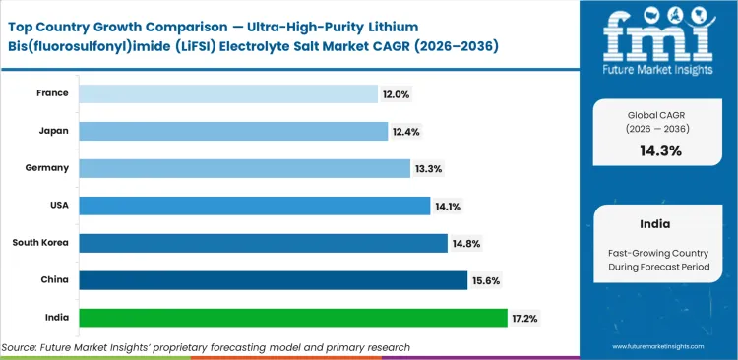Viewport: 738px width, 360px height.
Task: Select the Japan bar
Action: pyautogui.click(x=233, y=131)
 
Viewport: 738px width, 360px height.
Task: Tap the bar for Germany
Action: pyautogui.click(x=244, y=168)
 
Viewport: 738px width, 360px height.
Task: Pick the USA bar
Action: pyautogui.click(x=255, y=206)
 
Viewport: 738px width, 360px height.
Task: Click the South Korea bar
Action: pyautogui.click(x=263, y=243)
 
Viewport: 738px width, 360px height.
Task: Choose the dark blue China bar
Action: pyautogui.click(x=273, y=280)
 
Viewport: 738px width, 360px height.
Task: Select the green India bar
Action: pyautogui.click(x=292, y=318)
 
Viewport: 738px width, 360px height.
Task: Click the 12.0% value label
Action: pyautogui.click(x=397, y=93)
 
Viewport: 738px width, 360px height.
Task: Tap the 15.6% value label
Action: pyautogui.click(x=486, y=280)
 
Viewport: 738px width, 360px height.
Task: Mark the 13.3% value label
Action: pyautogui.click(x=429, y=168)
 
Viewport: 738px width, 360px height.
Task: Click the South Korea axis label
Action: pyautogui.click(x=40, y=242)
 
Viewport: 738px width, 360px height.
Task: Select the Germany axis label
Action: pyautogui.click(x=46, y=167)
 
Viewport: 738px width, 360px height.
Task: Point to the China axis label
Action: pyautogui.click(x=53, y=279)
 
